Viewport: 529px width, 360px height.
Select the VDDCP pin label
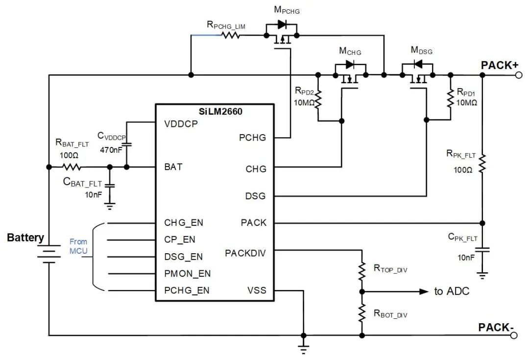pyautogui.click(x=181, y=124)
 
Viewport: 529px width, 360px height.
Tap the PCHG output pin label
pyautogui.click(x=253, y=138)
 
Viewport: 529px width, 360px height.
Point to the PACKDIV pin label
pyautogui.click(x=246, y=253)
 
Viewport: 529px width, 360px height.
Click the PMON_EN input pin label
pyautogui.click(x=188, y=273)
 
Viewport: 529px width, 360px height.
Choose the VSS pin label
pyautogui.click(x=257, y=290)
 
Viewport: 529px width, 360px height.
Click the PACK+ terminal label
pyautogui.click(x=499, y=65)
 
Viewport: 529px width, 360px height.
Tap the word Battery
pyautogui.click(x=25, y=238)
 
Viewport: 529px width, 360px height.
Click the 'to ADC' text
pyautogui.click(x=452, y=291)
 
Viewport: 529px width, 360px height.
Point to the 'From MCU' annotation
pyautogui.click(x=78, y=246)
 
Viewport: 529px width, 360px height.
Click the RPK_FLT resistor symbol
pyautogui.click(x=482, y=164)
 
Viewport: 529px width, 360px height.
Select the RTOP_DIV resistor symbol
pyautogui.click(x=362, y=270)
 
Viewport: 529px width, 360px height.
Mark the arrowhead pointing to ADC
pyautogui.click(x=423, y=291)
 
